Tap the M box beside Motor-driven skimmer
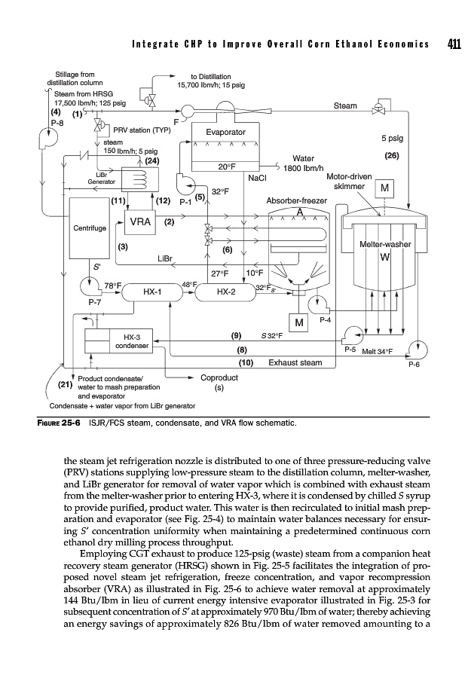tap(384, 188)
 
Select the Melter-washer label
tap(384, 246)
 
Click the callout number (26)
tap(391, 156)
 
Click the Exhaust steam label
tap(295, 362)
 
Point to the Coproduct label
tap(219, 378)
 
